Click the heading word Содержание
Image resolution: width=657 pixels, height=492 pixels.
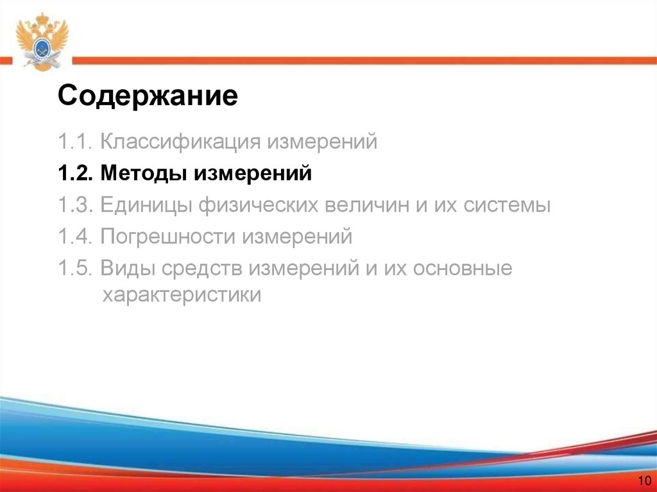(148, 97)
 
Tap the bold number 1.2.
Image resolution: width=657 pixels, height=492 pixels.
(76, 173)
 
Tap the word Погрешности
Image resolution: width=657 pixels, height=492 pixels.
(168, 237)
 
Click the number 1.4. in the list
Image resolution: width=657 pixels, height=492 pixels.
(76, 237)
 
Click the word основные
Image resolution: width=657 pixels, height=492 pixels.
(463, 269)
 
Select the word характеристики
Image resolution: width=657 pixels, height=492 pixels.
(182, 296)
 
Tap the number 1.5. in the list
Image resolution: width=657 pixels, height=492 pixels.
(76, 269)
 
